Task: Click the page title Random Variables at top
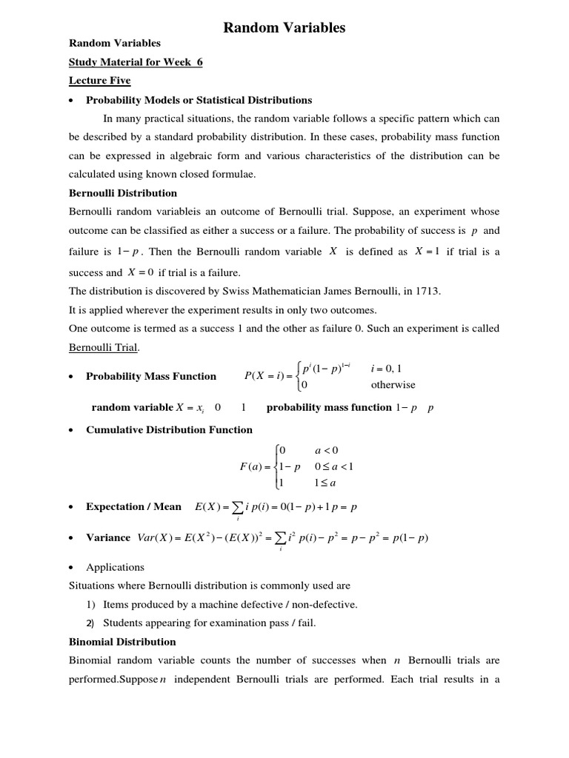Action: tap(284, 28)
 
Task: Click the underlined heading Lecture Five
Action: tap(99, 81)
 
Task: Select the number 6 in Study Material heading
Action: tap(199, 62)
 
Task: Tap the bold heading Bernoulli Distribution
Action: tap(122, 193)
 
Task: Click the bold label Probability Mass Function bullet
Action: tap(151, 376)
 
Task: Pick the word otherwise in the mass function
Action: tap(393, 385)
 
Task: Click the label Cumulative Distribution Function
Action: tap(169, 429)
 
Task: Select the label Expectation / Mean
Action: tap(133, 506)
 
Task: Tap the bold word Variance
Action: tap(108, 537)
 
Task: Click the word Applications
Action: tap(115, 567)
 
